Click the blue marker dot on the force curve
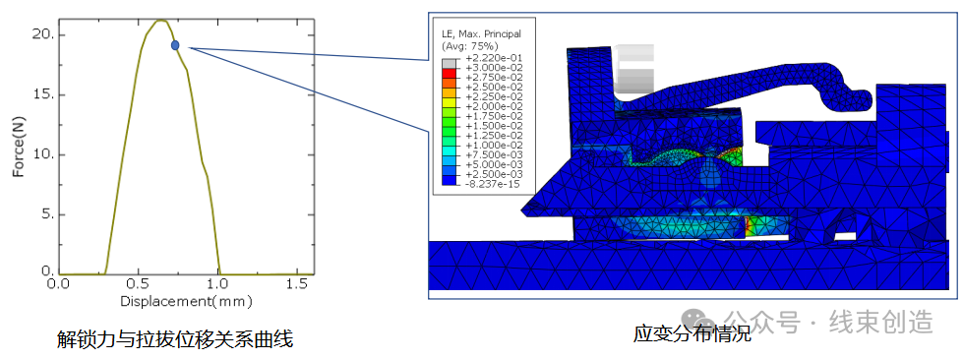coord(175,45)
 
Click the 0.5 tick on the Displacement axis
coord(138,285)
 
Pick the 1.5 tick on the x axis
coord(297,285)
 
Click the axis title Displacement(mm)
coord(186,302)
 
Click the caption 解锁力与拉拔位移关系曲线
coord(175,337)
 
